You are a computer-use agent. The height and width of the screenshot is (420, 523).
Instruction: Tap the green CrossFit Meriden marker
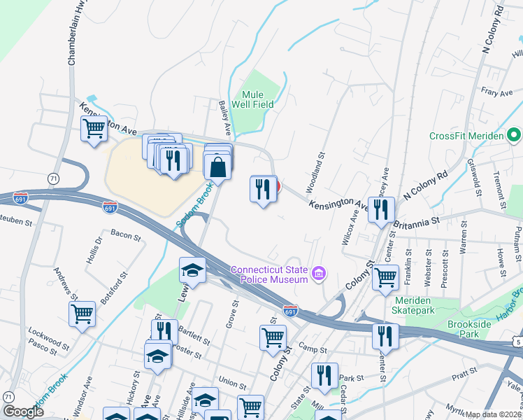click(515, 135)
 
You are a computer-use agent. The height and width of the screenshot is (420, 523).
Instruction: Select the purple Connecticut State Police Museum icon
click(319, 273)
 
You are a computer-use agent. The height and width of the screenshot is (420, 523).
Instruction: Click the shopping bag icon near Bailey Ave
click(218, 167)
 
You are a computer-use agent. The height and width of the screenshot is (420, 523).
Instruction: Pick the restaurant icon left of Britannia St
click(381, 209)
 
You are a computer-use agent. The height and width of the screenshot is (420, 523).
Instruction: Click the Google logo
click(23, 412)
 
